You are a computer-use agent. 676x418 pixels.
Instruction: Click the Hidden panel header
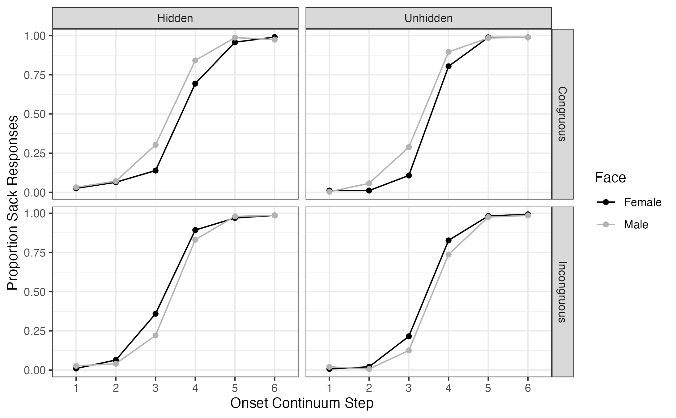(175, 18)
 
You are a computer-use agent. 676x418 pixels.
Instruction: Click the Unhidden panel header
(428, 18)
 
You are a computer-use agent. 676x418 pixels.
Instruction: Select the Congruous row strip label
(562, 114)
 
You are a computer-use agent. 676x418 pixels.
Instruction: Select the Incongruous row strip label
(562, 292)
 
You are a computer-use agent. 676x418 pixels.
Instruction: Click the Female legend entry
(642, 202)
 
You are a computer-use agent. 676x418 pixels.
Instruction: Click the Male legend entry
(636, 225)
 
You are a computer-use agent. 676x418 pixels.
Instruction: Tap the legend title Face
(610, 178)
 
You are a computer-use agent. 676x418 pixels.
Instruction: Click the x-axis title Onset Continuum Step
(302, 403)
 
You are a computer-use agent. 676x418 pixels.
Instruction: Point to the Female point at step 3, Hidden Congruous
(155, 170)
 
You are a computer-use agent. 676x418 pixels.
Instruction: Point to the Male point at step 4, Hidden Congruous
(195, 60)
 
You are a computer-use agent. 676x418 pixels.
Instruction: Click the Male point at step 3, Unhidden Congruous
(409, 147)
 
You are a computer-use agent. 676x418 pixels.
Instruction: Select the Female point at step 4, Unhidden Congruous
(449, 66)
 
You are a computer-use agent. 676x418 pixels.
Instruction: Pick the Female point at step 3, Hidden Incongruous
(155, 314)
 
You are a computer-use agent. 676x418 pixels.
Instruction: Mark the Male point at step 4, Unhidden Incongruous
(449, 254)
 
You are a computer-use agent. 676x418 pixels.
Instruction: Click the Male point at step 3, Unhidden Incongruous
(409, 350)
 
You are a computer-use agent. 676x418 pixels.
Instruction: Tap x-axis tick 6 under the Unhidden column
(528, 388)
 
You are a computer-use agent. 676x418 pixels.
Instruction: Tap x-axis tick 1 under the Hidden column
(76, 388)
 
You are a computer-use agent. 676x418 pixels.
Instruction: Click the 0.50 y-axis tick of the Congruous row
(34, 114)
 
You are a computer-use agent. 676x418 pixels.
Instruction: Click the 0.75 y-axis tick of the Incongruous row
(34, 253)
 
